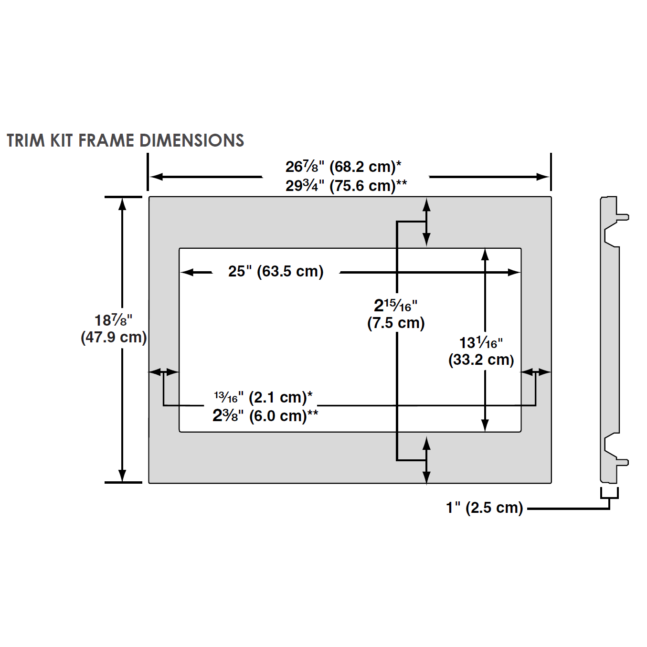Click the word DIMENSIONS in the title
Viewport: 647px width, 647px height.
point(191,140)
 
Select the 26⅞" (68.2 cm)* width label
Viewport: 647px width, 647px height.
point(343,167)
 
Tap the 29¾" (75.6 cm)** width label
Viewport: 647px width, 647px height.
point(346,185)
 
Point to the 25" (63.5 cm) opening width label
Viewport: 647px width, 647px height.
point(276,271)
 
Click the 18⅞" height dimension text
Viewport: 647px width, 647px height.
point(113,320)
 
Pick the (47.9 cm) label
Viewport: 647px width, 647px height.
point(114,337)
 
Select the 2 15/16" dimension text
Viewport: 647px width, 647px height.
point(395,305)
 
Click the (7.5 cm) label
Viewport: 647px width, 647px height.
point(396,323)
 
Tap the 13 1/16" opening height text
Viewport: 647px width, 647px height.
point(481,342)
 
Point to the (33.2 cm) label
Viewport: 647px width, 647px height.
point(481,360)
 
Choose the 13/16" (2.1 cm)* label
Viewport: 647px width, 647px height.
point(263,397)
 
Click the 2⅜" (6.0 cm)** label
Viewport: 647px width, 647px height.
point(265,415)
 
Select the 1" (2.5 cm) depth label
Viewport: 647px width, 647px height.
point(484,508)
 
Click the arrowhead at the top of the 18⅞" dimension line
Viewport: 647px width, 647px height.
point(122,203)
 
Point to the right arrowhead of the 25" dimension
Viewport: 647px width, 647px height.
point(514,272)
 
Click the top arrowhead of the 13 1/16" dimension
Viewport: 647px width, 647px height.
point(485,255)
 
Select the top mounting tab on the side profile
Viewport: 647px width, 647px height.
point(623,216)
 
